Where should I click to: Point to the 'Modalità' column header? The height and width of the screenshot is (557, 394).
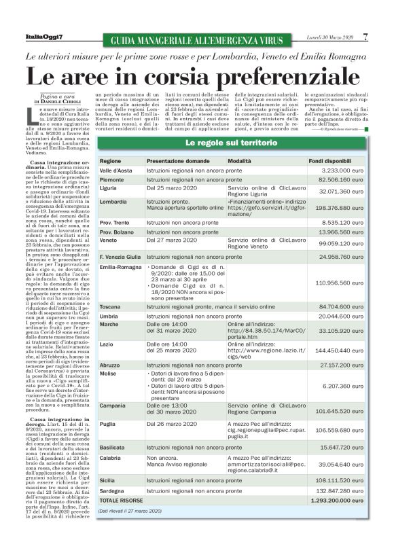[x=240, y=160]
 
